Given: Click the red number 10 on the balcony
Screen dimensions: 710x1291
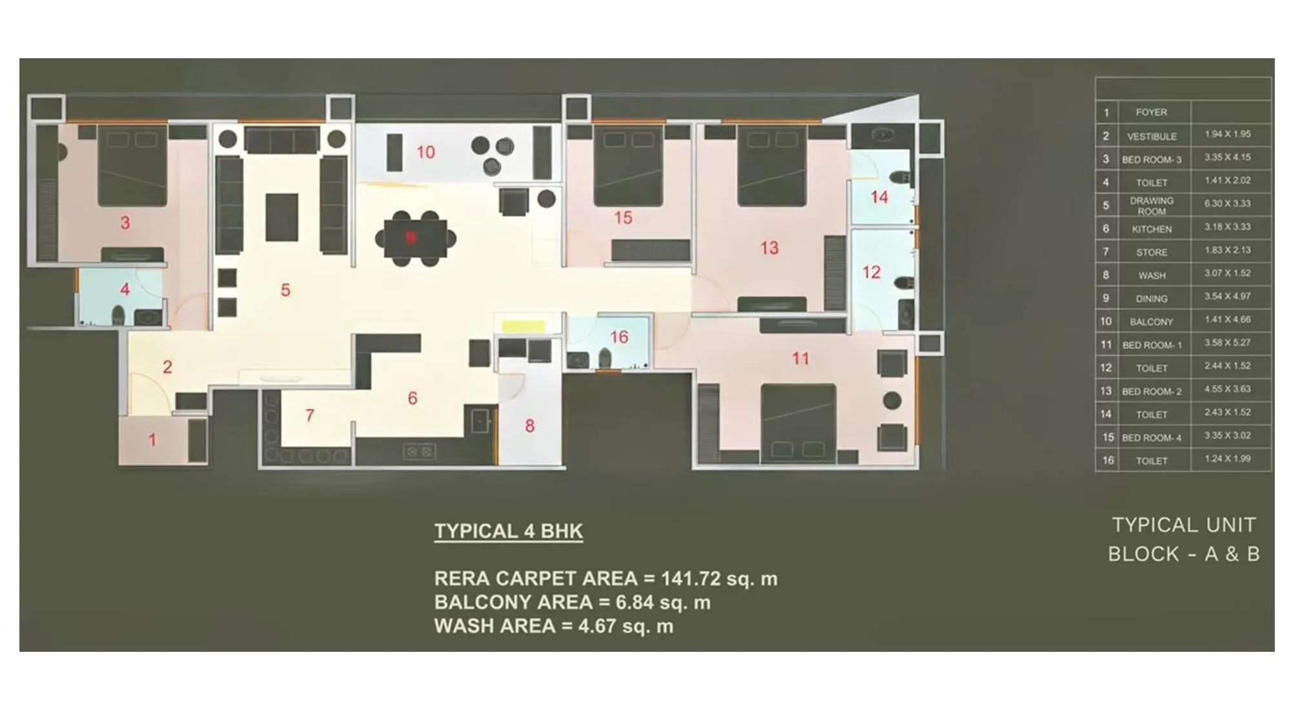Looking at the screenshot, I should [x=425, y=152].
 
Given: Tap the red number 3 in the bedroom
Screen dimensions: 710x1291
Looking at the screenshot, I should [x=125, y=224].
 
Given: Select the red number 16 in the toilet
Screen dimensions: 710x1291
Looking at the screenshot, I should [x=619, y=337].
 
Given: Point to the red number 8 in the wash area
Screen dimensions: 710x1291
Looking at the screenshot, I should [x=529, y=426].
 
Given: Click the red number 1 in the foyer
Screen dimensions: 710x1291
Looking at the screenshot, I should [x=152, y=441].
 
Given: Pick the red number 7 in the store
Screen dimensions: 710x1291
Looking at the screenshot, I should [x=310, y=415].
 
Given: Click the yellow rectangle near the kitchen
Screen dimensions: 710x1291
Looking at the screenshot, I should [x=524, y=326].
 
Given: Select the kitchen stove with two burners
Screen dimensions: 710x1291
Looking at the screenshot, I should [x=419, y=452].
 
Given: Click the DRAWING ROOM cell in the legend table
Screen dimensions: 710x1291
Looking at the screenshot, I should [x=1152, y=206].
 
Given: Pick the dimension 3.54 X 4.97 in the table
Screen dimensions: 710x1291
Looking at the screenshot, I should [x=1227, y=297].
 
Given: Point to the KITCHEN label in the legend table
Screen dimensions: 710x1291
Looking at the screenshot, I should [x=1152, y=229].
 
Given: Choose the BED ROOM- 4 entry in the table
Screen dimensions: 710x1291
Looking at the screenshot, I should [x=1152, y=438].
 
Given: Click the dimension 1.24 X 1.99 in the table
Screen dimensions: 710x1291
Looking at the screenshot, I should [x=1227, y=459].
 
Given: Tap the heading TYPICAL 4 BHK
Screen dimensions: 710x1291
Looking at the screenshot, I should [x=509, y=531].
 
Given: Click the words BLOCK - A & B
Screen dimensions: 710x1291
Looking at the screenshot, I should [x=1184, y=554].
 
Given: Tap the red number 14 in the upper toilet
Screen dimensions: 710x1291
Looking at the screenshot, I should [x=879, y=198].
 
